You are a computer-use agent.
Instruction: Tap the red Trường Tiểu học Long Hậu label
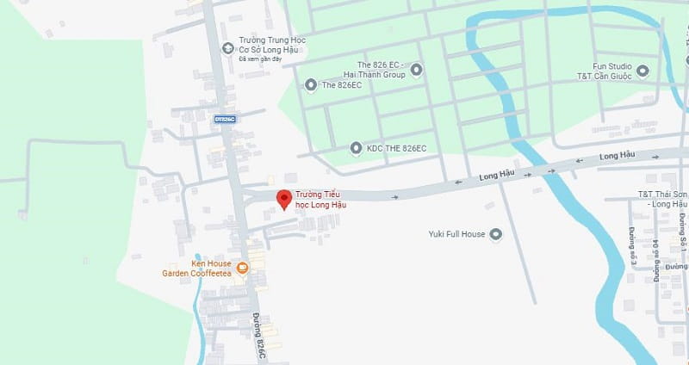tap(321, 200)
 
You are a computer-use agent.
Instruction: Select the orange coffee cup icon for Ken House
tap(243, 268)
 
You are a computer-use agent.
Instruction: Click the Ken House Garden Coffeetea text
tap(197, 268)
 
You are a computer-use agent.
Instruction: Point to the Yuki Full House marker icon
tap(494, 233)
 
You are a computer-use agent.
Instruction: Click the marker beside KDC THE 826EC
tap(356, 148)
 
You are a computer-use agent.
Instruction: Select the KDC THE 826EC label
tap(397, 148)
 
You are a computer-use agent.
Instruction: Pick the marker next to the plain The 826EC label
tap(311, 84)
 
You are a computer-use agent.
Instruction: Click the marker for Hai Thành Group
tap(417, 69)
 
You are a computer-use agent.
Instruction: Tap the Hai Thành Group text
tap(381, 74)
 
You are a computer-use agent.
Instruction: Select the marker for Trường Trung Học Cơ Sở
tap(227, 47)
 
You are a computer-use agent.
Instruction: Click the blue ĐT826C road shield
tap(225, 119)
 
